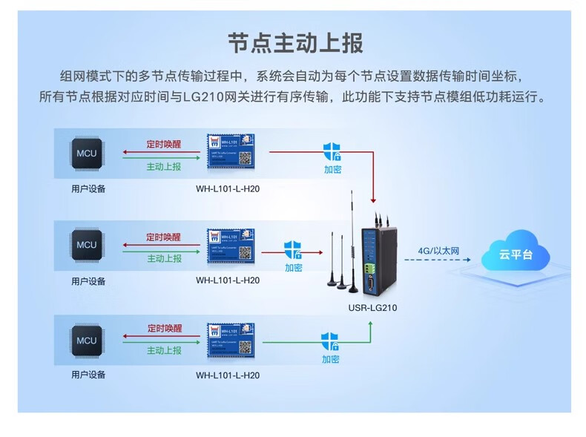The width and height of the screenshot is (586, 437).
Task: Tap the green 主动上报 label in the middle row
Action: coord(164,258)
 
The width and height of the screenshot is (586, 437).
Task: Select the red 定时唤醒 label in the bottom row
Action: coord(164,328)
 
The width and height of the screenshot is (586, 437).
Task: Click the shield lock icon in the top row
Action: coord(332,152)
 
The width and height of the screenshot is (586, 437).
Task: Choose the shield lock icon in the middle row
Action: coord(293,249)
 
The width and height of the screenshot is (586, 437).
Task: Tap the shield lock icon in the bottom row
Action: coord(330,341)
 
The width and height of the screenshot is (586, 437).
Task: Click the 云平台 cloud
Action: coord(516,254)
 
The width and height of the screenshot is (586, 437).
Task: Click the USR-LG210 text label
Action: coord(372,308)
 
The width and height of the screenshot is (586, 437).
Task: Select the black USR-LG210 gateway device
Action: coord(377,256)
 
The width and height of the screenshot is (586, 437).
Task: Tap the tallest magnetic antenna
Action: coord(352,237)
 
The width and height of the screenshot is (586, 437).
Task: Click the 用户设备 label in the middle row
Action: coord(88,281)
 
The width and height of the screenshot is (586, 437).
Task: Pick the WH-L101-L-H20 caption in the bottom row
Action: coord(228,375)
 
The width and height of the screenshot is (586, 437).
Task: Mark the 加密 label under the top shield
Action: coord(332,169)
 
